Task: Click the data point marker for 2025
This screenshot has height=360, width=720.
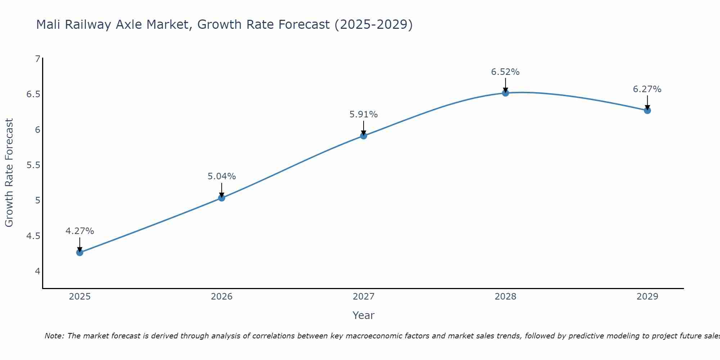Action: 80,252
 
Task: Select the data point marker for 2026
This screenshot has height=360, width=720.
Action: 221,198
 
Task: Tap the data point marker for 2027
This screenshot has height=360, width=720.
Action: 363,136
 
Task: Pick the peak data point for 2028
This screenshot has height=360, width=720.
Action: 505,93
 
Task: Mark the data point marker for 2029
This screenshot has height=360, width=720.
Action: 647,111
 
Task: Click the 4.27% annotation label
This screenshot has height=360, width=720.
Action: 80,231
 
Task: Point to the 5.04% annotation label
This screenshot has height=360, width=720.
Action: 221,176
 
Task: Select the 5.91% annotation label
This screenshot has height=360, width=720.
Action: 363,114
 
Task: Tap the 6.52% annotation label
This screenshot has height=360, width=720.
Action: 505,72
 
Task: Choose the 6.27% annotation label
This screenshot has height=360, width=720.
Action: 647,89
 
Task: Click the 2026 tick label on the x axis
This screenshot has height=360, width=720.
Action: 221,297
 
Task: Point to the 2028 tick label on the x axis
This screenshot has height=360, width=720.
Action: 505,297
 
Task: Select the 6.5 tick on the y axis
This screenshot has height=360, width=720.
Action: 33,94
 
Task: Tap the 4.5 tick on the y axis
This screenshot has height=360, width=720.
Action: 33,236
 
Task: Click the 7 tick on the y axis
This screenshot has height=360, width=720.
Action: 37,59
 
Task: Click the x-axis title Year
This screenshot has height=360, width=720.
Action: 363,315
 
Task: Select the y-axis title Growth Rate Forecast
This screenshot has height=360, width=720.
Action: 9,172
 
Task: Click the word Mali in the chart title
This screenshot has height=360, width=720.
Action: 48,24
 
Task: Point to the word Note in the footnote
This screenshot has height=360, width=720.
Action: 54,336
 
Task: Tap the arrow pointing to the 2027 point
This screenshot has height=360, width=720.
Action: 363,127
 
